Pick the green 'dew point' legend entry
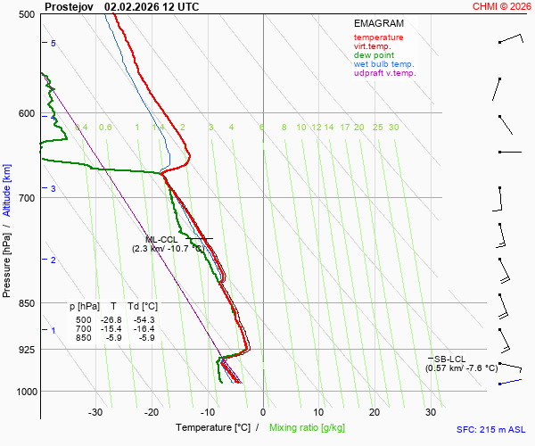click(374, 55)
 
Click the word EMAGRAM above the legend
click(378, 23)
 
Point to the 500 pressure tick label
click(26, 14)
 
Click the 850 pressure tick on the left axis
click(26, 303)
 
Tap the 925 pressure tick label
click(26, 350)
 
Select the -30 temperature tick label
click(95, 412)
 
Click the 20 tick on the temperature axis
click(374, 412)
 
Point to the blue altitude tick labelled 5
click(53, 44)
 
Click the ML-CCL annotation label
click(161, 239)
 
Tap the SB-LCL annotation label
click(449, 359)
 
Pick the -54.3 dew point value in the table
click(144, 319)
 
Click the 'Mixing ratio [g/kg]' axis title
click(309, 428)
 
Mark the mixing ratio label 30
click(393, 128)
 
